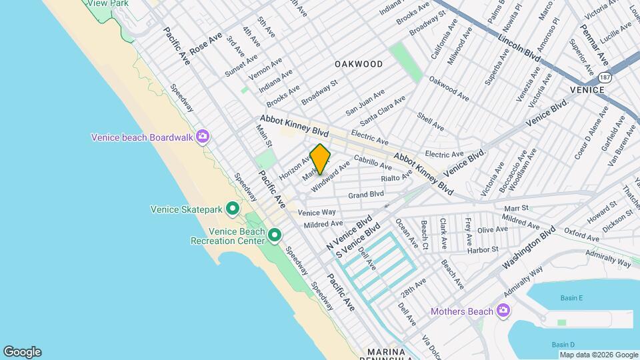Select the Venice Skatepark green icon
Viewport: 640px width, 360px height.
(232, 209)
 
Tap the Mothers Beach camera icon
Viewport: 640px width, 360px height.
(503, 311)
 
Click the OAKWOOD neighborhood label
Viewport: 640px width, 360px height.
(359, 64)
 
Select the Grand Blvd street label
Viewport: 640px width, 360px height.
(366, 195)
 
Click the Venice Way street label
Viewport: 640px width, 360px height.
(317, 213)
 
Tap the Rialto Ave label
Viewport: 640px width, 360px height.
(397, 177)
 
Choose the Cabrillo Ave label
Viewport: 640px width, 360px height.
(373, 161)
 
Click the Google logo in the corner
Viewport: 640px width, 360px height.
(22, 352)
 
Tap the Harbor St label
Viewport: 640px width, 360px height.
(483, 250)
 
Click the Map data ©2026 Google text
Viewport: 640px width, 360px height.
(598, 355)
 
